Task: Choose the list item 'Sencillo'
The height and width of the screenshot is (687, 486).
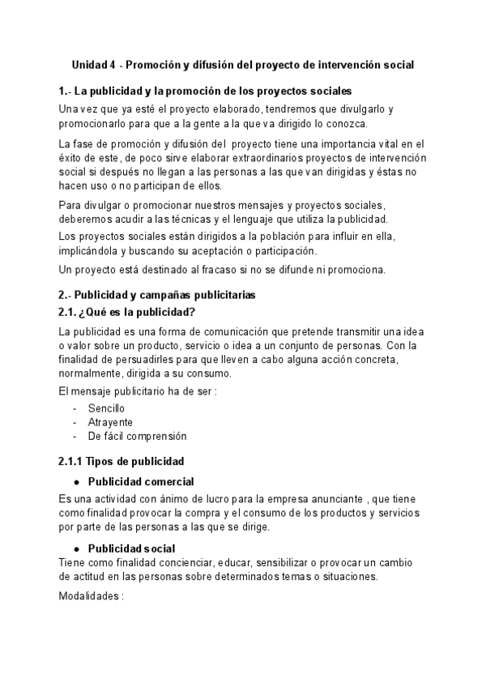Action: pos(106,408)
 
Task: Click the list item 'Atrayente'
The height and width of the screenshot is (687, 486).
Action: pos(110,422)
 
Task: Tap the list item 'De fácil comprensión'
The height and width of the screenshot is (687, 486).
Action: pos(137,436)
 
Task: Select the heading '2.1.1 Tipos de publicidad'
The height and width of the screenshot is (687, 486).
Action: pos(121,462)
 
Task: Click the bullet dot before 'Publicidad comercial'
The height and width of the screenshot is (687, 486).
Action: pos(75,482)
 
